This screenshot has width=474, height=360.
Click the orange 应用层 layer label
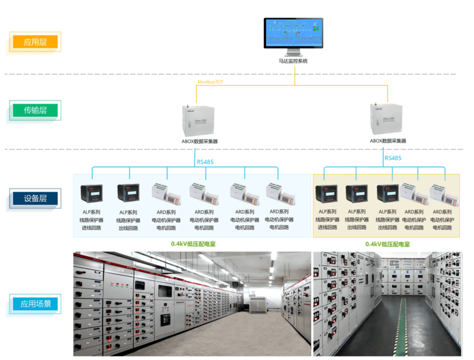click(35, 42)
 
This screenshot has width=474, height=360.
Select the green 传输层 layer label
click(35, 111)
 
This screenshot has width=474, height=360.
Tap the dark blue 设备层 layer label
click(35, 198)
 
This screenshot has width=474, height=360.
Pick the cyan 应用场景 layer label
click(35, 304)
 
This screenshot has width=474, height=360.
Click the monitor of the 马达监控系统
click(293, 34)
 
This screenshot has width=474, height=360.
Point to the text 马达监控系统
click(293, 61)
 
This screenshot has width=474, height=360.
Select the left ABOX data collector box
click(197, 119)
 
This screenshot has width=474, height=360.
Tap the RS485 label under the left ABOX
click(205, 162)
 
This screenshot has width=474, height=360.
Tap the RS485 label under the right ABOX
click(393, 158)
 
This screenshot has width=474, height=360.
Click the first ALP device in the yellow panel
click(326, 194)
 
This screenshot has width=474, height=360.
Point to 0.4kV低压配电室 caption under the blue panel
click(193, 244)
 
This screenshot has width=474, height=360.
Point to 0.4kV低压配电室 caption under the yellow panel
click(387, 244)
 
